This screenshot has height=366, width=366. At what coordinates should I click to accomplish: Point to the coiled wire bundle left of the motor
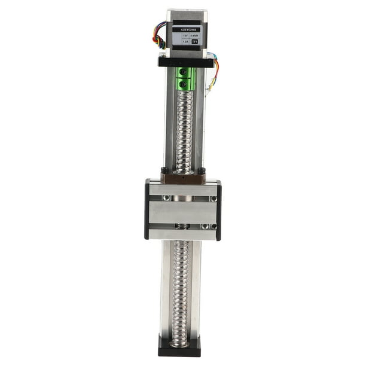(159, 36)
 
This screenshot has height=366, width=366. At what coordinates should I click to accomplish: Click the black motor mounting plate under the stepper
(185, 62)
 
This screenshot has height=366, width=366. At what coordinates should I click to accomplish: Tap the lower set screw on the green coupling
(184, 83)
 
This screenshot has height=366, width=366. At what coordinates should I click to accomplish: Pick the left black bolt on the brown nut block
(164, 171)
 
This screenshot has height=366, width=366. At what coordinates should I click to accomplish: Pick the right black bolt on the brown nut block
(201, 171)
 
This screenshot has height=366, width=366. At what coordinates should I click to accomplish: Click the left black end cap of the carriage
(147, 209)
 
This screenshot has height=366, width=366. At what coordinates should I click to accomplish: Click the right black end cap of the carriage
(218, 209)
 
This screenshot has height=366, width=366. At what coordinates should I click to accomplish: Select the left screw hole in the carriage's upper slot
(167, 198)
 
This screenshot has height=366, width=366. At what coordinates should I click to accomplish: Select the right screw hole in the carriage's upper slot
(213, 198)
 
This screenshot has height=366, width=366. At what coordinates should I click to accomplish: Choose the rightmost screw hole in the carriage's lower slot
(213, 227)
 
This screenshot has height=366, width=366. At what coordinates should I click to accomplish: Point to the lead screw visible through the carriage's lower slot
(182, 227)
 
